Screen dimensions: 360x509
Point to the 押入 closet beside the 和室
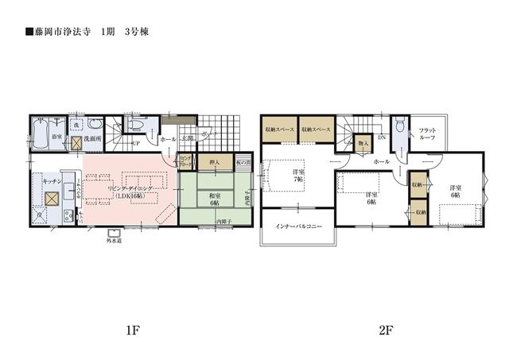214,163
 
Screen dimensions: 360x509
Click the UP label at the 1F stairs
135,143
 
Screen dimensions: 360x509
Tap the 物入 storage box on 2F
362,145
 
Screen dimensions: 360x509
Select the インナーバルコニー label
298,227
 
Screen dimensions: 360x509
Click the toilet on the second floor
401,127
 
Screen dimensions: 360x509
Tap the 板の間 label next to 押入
243,163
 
